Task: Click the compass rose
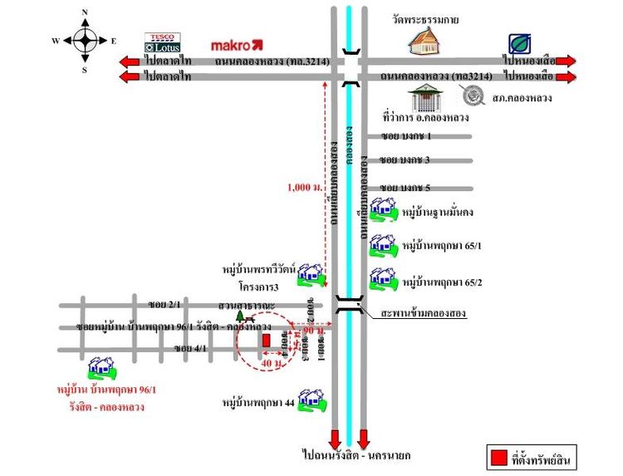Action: coord(85,40)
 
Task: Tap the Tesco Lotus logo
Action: coord(163,43)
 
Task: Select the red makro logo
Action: coord(237,44)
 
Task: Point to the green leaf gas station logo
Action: coord(521,43)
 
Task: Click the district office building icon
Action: coord(430,97)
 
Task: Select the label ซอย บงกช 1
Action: coord(407,135)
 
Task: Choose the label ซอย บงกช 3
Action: coord(407,159)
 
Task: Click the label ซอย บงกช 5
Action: coord(407,188)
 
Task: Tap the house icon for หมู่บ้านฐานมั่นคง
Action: coord(384,211)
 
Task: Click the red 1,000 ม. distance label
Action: coord(303,187)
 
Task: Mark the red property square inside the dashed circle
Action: coord(267,340)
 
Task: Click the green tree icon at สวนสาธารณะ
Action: coord(241,316)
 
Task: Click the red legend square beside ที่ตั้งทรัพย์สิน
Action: coord(498,457)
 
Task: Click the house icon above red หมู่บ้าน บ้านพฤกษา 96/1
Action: coord(102,368)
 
